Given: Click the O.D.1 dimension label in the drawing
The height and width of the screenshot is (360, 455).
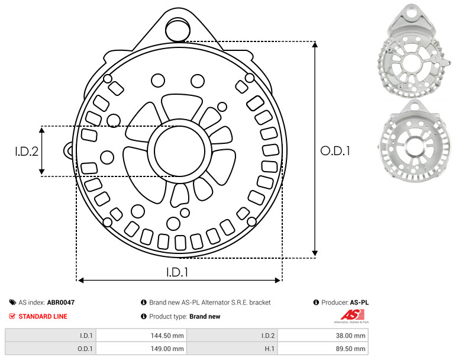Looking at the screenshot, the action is (x=335, y=150).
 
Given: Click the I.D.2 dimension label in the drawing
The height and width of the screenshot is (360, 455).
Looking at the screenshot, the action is (x=27, y=151).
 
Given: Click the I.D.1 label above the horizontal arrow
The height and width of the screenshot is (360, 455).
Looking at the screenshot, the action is (x=177, y=272).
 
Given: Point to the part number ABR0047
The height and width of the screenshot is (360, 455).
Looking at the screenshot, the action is (x=61, y=303).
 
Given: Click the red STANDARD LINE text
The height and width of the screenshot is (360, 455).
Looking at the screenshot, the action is (x=43, y=316).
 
